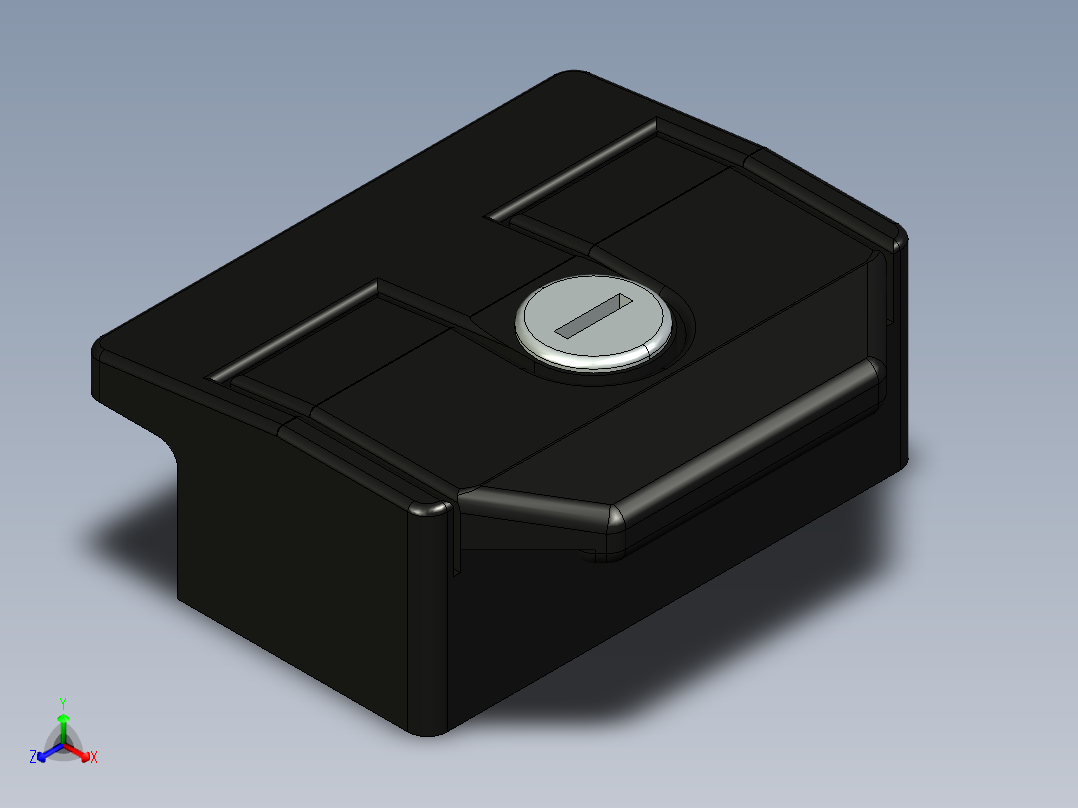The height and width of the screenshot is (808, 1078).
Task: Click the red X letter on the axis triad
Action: pos(94,758)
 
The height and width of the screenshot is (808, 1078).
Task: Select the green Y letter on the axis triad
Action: pos(62,703)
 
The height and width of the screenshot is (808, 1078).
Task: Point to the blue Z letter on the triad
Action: pos(33,757)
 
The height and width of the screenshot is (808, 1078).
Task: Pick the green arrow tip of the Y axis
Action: pos(62,719)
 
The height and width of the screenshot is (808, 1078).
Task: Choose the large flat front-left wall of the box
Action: pos(300,580)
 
